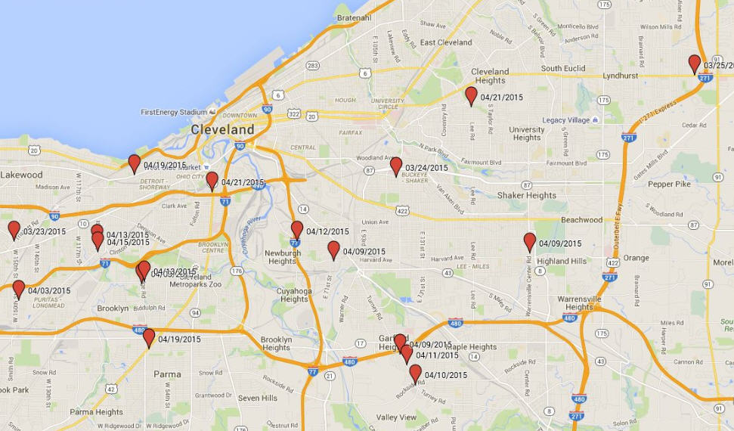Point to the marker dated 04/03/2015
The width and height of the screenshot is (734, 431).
point(19,289)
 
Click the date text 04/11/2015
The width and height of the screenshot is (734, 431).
point(437,355)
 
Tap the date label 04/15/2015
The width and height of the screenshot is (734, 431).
point(128,243)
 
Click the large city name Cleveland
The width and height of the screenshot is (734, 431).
point(222,130)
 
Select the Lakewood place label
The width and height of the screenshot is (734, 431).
point(21,175)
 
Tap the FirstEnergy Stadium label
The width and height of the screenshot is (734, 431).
point(174,112)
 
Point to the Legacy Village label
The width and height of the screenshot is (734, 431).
point(565,120)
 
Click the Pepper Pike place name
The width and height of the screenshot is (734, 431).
point(669,184)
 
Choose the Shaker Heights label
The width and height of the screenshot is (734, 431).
point(526,195)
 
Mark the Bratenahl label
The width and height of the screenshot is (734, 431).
point(354,17)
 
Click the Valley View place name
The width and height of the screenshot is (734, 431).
point(396,417)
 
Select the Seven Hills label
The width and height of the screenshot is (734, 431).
point(257,398)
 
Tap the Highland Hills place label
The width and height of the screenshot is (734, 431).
point(561,261)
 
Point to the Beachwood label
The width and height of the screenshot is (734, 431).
point(581,220)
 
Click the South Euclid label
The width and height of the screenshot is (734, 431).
point(562,69)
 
